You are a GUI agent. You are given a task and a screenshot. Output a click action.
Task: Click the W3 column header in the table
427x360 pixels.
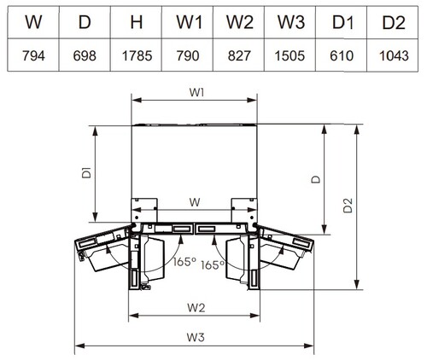click(291, 22)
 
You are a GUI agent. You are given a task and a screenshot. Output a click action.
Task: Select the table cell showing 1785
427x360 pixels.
click(137, 55)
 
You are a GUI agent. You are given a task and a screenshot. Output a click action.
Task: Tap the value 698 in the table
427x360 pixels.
click(85, 55)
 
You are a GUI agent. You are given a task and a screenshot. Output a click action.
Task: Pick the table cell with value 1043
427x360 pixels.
click(394, 55)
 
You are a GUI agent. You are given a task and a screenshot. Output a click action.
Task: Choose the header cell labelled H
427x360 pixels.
click(137, 22)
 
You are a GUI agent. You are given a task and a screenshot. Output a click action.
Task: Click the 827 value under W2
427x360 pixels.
click(239, 55)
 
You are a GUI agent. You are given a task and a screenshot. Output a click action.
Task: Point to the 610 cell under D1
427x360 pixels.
click(342, 55)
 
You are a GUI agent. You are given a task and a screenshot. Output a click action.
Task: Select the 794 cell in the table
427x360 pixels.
click(33, 55)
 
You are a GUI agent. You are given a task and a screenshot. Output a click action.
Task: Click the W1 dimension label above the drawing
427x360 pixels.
click(196, 92)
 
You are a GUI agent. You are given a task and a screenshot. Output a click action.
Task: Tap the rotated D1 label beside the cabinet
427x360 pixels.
click(86, 173)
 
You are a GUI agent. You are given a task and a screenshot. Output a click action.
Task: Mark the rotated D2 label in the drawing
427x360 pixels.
click(348, 206)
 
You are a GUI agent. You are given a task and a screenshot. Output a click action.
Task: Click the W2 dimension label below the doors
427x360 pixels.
click(196, 308)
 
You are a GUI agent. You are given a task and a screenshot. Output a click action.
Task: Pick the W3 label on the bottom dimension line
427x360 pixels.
click(196, 337)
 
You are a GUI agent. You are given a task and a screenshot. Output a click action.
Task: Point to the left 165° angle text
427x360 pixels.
click(184, 262)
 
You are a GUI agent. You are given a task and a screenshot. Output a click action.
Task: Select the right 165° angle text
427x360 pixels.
click(213, 265)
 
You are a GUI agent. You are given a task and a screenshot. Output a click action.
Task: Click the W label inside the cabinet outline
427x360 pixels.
click(195, 202)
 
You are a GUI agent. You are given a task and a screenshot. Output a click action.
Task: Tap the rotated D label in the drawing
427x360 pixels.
click(316, 179)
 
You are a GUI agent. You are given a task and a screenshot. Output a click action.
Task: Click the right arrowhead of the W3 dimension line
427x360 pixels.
click(309, 346)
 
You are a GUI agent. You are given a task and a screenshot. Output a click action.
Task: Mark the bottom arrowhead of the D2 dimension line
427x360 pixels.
click(357, 285)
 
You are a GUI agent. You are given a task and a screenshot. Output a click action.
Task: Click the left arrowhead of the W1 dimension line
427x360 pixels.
click(137, 100)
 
